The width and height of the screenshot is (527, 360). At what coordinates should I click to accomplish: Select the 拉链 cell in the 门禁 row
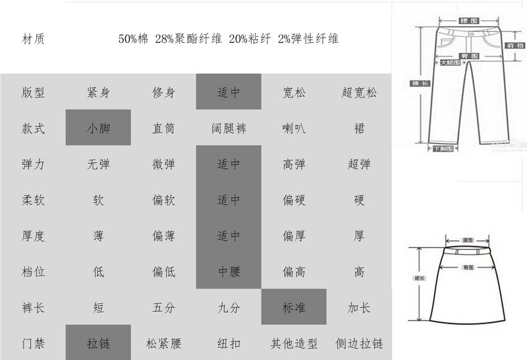[98, 343]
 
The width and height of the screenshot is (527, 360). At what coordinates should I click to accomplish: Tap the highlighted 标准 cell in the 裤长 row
[294, 307]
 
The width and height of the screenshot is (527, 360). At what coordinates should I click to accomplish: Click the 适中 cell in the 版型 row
[229, 92]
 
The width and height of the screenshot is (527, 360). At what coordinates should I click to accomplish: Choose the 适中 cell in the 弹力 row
[229, 164]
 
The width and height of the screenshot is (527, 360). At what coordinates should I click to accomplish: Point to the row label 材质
[33, 39]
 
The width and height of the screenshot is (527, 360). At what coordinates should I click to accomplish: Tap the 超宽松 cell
[360, 92]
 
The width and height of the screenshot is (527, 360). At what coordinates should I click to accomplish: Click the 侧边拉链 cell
[360, 344]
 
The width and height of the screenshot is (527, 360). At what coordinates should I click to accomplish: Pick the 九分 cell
[229, 307]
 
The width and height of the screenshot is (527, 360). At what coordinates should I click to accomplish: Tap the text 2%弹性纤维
[308, 39]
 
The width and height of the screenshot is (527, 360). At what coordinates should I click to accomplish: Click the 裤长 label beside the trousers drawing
[416, 83]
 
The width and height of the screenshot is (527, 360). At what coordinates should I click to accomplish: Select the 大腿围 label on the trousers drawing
[449, 63]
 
